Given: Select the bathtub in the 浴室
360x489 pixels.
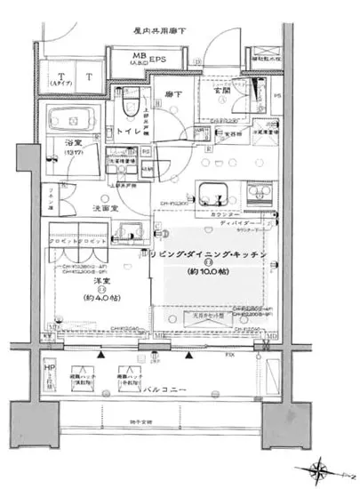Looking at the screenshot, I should click(74, 118).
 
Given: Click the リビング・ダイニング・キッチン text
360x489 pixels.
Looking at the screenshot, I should click(206, 254).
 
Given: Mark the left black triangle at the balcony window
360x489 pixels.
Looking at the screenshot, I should click(103, 356).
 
